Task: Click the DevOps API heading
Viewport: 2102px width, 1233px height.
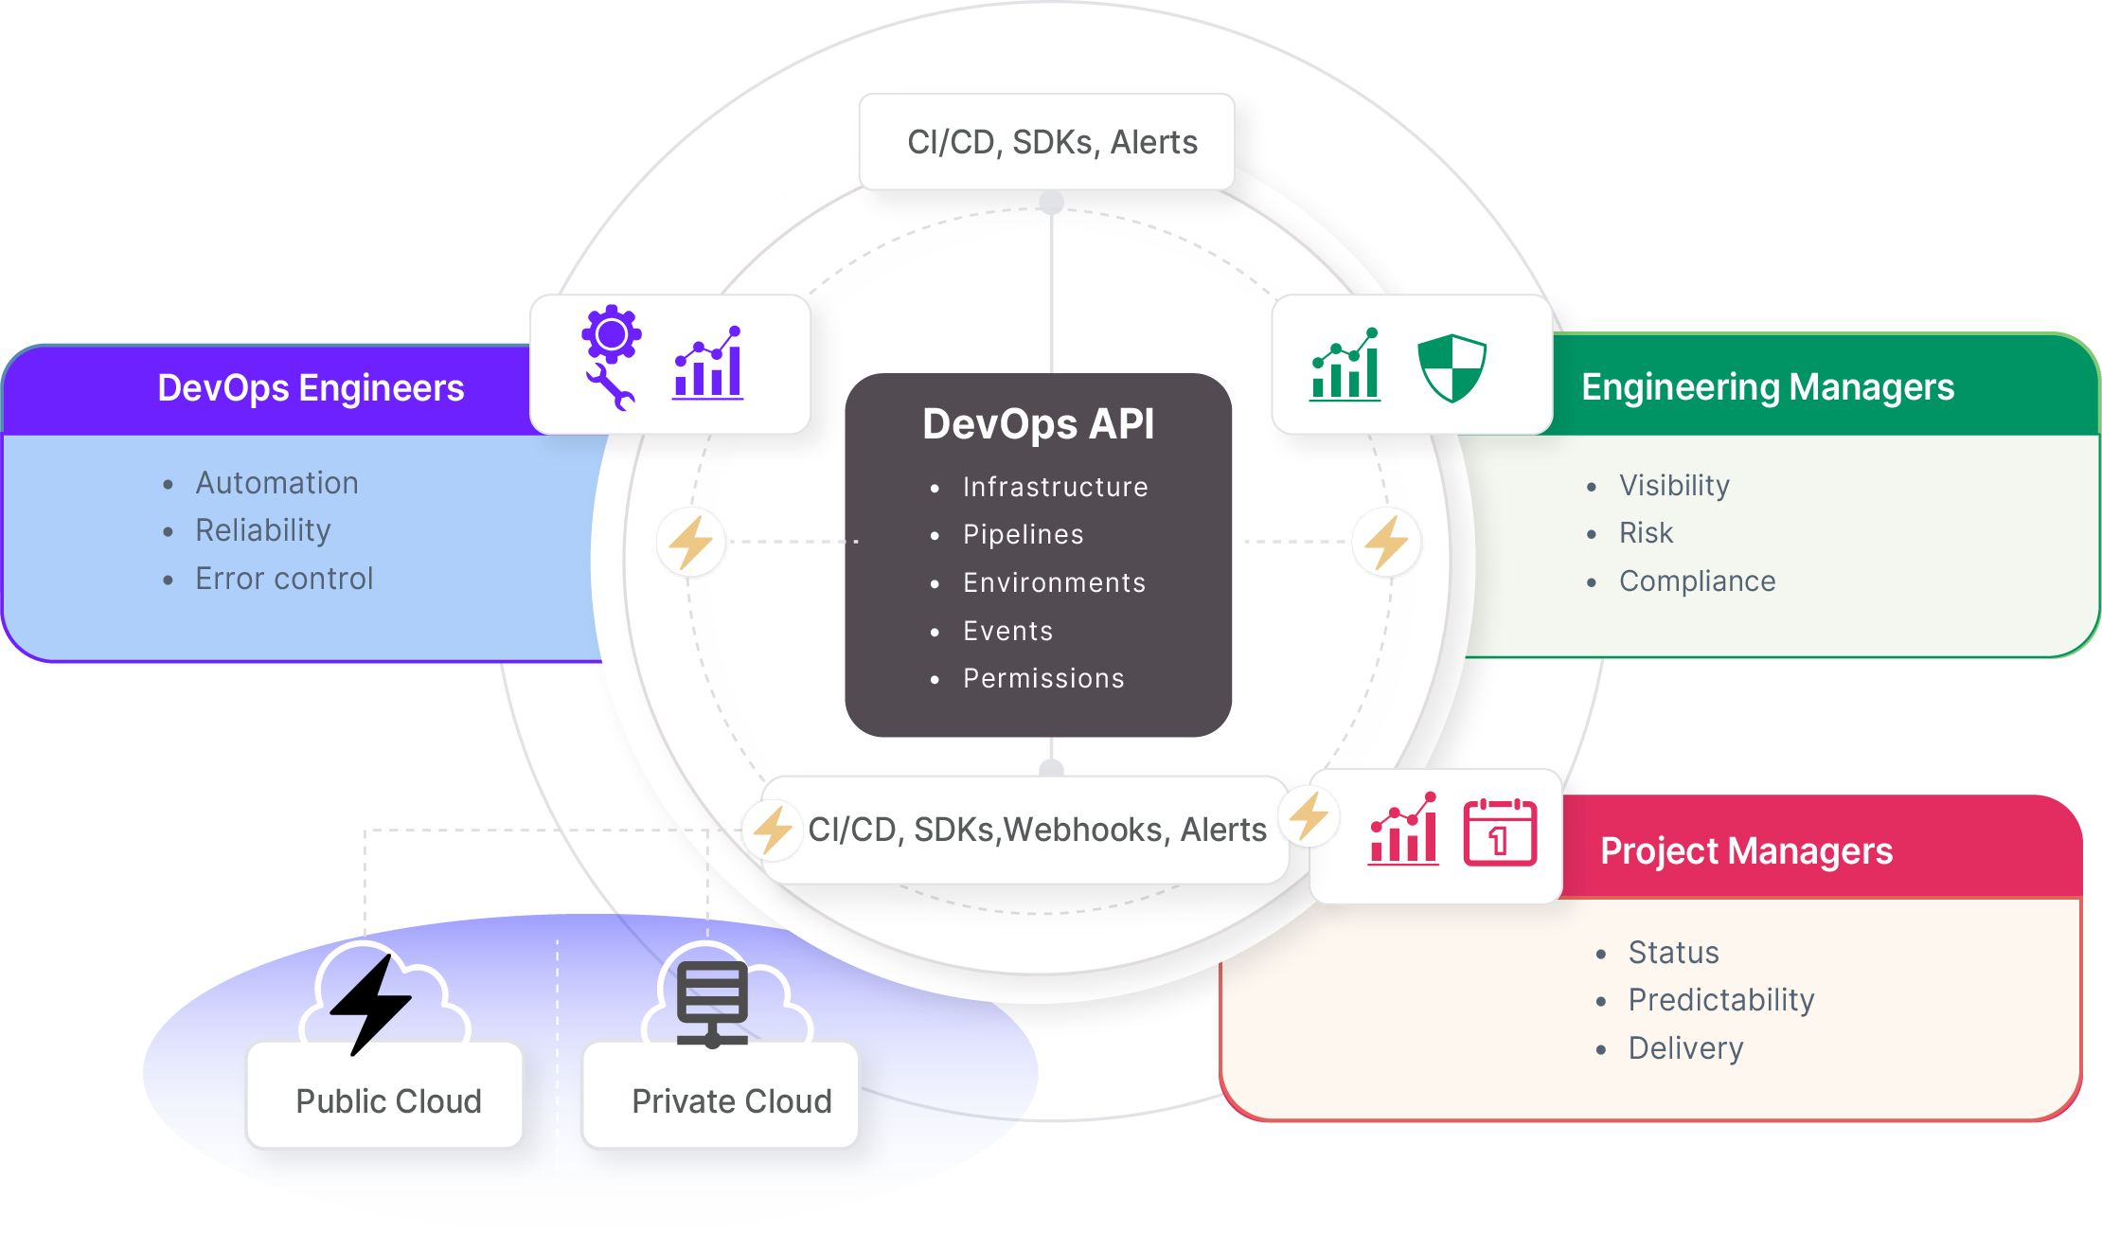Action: pyautogui.click(x=1038, y=423)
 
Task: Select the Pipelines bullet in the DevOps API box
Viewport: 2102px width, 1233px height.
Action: pyautogui.click(x=1023, y=534)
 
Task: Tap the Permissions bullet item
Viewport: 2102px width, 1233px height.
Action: pyautogui.click(x=1042, y=678)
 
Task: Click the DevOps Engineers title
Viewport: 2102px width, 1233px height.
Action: pyautogui.click(x=311, y=387)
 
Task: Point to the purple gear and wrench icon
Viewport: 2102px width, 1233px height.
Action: pyautogui.click(x=611, y=357)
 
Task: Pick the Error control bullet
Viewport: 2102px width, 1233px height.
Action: pyautogui.click(x=284, y=579)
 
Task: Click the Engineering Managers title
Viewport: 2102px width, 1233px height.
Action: pyautogui.click(x=1767, y=386)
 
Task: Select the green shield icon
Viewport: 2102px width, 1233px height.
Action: pyautogui.click(x=1452, y=367)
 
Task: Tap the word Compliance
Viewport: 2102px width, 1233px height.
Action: pyautogui.click(x=1697, y=581)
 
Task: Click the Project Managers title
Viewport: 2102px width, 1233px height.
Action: pyautogui.click(x=1746, y=850)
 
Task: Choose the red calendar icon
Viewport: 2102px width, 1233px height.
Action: pyautogui.click(x=1500, y=831)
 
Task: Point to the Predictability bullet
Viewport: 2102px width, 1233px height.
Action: pyautogui.click(x=1720, y=1000)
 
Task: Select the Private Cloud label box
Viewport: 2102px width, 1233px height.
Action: pyautogui.click(x=730, y=1099)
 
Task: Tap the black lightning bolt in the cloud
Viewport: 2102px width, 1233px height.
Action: pyautogui.click(x=371, y=1004)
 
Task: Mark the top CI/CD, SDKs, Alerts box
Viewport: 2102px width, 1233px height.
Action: pyautogui.click(x=1049, y=142)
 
